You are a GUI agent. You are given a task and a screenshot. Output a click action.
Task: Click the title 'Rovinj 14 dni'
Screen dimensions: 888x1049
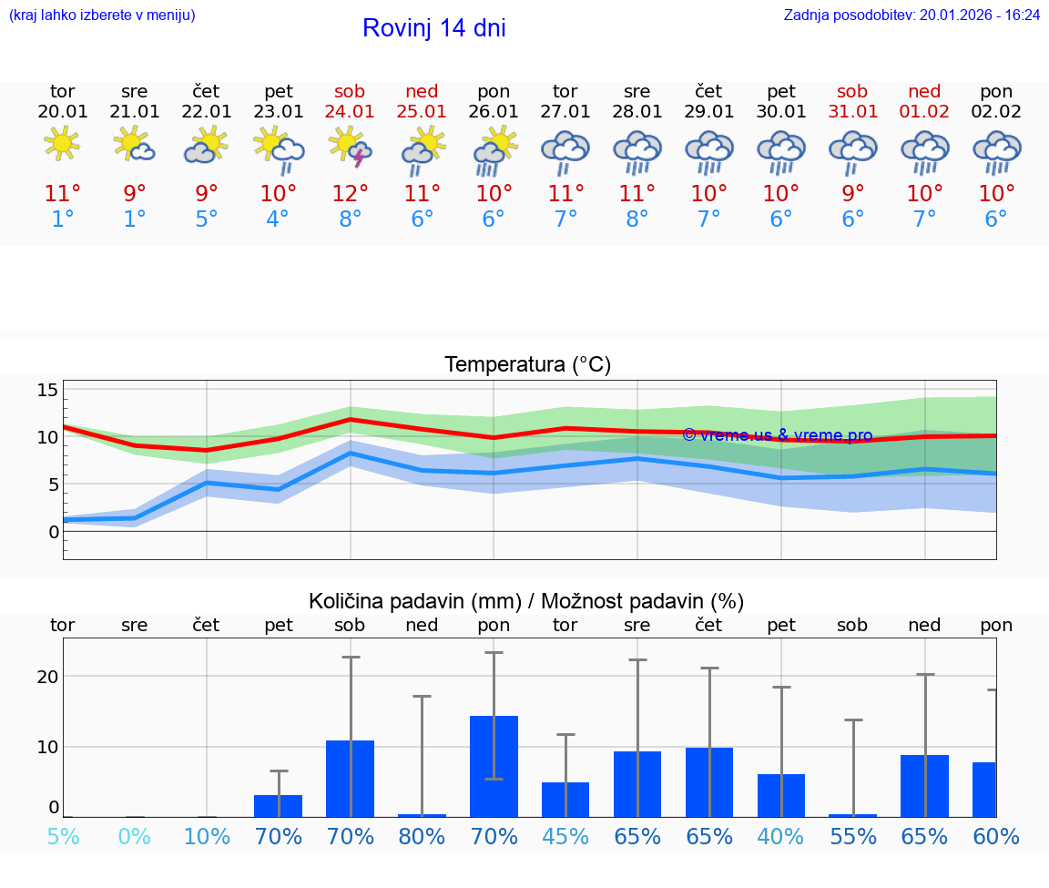tap(433, 28)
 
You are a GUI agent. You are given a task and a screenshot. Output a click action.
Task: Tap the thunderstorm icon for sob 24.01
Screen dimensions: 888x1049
tap(351, 147)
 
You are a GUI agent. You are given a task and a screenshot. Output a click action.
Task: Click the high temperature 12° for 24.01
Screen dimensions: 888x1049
tap(351, 194)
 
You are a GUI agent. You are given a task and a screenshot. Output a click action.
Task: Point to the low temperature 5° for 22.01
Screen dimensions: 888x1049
tap(207, 219)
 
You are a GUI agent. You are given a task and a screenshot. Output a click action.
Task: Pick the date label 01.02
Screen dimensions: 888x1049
tap(924, 112)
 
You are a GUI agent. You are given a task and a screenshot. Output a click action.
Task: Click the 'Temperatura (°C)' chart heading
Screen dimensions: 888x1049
tap(527, 365)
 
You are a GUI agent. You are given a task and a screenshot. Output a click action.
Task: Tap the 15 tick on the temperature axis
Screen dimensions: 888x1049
tap(47, 390)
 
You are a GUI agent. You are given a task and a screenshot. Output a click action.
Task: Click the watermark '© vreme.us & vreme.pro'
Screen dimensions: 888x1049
tap(777, 435)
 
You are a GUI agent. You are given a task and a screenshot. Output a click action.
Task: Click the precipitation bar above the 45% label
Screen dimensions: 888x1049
tap(565, 800)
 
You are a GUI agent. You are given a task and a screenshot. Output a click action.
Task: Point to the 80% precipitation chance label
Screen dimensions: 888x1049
tap(422, 836)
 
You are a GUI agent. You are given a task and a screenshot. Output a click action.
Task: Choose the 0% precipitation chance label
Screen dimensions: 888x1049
tap(135, 836)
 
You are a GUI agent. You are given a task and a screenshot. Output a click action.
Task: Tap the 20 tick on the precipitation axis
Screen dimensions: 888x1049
tap(47, 676)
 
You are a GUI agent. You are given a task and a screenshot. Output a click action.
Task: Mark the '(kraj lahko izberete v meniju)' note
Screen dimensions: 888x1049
tap(102, 15)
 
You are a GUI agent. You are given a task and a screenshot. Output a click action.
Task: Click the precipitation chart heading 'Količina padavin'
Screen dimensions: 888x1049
tap(526, 601)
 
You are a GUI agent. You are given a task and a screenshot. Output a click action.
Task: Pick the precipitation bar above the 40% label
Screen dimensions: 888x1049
tap(781, 795)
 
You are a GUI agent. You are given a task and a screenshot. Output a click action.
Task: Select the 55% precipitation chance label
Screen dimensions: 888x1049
tap(853, 836)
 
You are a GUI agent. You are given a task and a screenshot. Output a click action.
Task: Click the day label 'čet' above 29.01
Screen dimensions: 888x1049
tap(708, 91)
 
